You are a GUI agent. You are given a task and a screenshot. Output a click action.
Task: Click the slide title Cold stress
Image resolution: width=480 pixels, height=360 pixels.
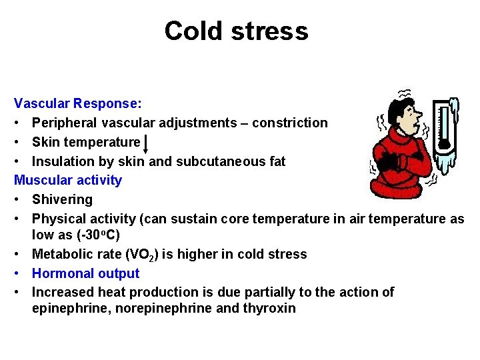coord(236,31)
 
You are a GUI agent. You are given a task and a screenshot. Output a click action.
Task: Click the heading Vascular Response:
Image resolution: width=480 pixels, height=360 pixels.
coord(77,104)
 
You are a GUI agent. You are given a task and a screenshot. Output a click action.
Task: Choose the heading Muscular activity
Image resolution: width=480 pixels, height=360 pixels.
coord(68,180)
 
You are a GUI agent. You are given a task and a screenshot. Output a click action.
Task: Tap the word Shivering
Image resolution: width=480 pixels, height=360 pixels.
coord(62,199)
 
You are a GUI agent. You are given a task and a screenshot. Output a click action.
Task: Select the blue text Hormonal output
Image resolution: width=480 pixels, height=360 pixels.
coord(85,273)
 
